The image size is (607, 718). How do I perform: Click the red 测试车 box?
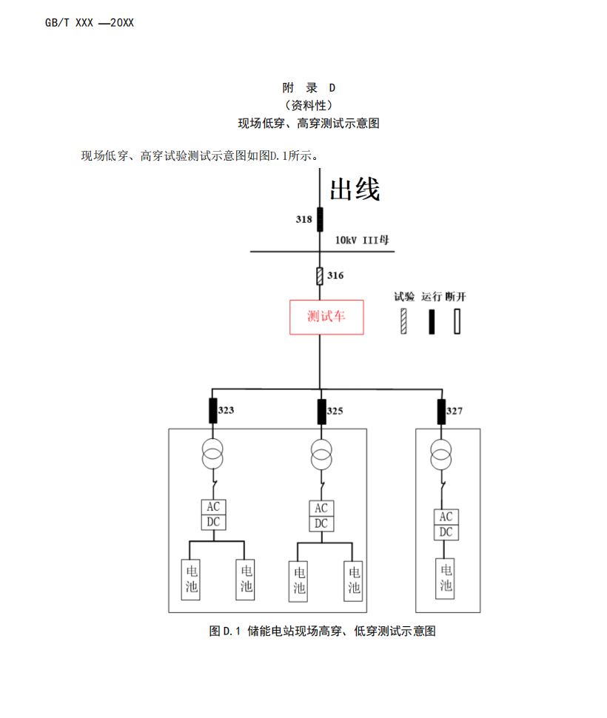click(326, 317)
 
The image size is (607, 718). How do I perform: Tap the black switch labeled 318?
click(320, 219)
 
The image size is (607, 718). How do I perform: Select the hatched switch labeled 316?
click(320, 276)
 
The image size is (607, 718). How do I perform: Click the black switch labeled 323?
click(213, 410)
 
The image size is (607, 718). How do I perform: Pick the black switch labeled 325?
click(321, 411)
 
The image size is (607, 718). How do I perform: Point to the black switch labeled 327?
click(441, 410)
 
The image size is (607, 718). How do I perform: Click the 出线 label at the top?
click(355, 190)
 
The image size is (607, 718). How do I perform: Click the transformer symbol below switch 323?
click(213, 454)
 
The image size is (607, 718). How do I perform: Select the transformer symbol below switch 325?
click(321, 454)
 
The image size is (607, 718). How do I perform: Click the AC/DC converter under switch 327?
click(446, 525)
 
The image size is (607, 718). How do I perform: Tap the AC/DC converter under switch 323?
click(213, 514)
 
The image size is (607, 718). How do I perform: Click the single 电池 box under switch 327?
click(446, 579)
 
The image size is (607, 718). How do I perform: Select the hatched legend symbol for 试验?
click(404, 321)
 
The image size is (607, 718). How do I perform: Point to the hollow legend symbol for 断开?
click(457, 321)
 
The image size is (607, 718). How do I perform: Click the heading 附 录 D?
click(309, 87)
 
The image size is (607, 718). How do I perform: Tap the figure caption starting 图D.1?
click(322, 631)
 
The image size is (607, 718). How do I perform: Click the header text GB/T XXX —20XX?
click(90, 23)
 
